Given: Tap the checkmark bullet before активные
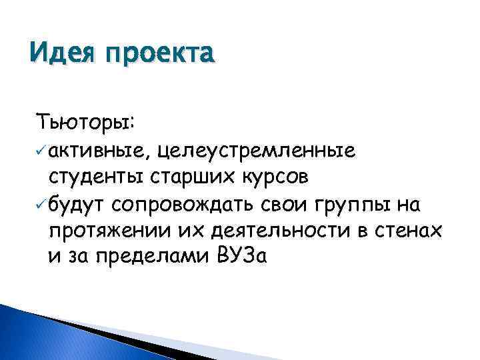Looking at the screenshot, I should [42, 151].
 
